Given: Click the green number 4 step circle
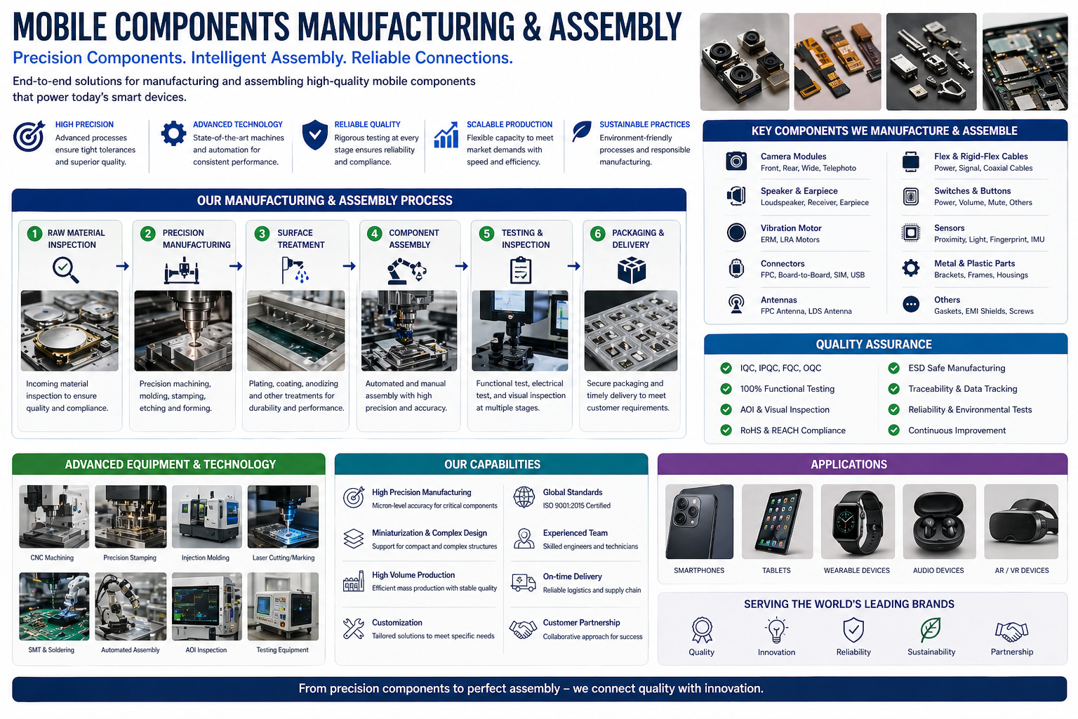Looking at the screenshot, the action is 374,234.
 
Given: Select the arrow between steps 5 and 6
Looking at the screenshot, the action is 574,266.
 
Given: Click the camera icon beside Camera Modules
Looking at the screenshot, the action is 736,161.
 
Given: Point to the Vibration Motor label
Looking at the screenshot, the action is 791,227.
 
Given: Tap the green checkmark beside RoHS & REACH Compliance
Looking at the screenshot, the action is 726,430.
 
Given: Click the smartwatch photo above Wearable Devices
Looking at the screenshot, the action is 857,522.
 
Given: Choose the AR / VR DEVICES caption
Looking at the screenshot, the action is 1021,570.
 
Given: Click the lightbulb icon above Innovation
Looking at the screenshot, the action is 776,630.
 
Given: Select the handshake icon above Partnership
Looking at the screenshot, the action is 1011,631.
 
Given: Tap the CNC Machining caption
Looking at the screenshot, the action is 52,558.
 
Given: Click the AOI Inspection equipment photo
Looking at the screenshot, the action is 206,607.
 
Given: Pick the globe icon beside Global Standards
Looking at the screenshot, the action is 524,497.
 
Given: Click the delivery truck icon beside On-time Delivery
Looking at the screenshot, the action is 524,583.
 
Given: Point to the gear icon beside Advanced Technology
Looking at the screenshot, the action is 173,133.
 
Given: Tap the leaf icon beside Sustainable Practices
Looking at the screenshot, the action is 581,131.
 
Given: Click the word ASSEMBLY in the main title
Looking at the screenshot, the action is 615,27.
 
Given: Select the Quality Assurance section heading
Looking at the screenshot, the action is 874,344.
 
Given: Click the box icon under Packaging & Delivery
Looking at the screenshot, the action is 631,270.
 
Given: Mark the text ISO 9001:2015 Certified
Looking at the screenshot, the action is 576,506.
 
